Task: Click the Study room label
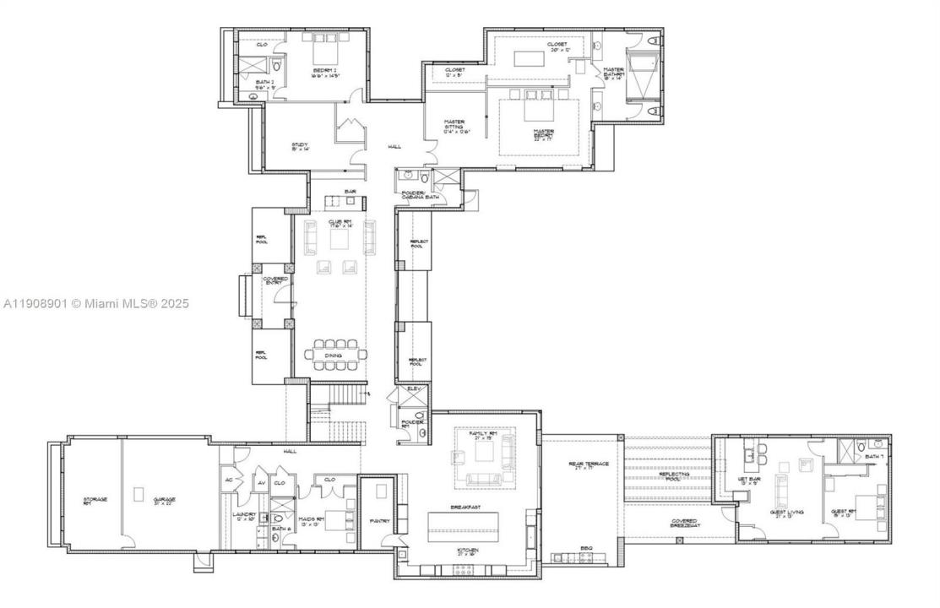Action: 300,146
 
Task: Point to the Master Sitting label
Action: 455,126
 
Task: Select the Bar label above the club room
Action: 350,192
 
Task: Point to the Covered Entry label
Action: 275,280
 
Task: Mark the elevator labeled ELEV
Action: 414,388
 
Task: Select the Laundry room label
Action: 244,515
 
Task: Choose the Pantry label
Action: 379,521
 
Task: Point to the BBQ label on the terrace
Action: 585,548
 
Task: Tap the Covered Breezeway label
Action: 684,523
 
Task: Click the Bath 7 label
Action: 874,457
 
